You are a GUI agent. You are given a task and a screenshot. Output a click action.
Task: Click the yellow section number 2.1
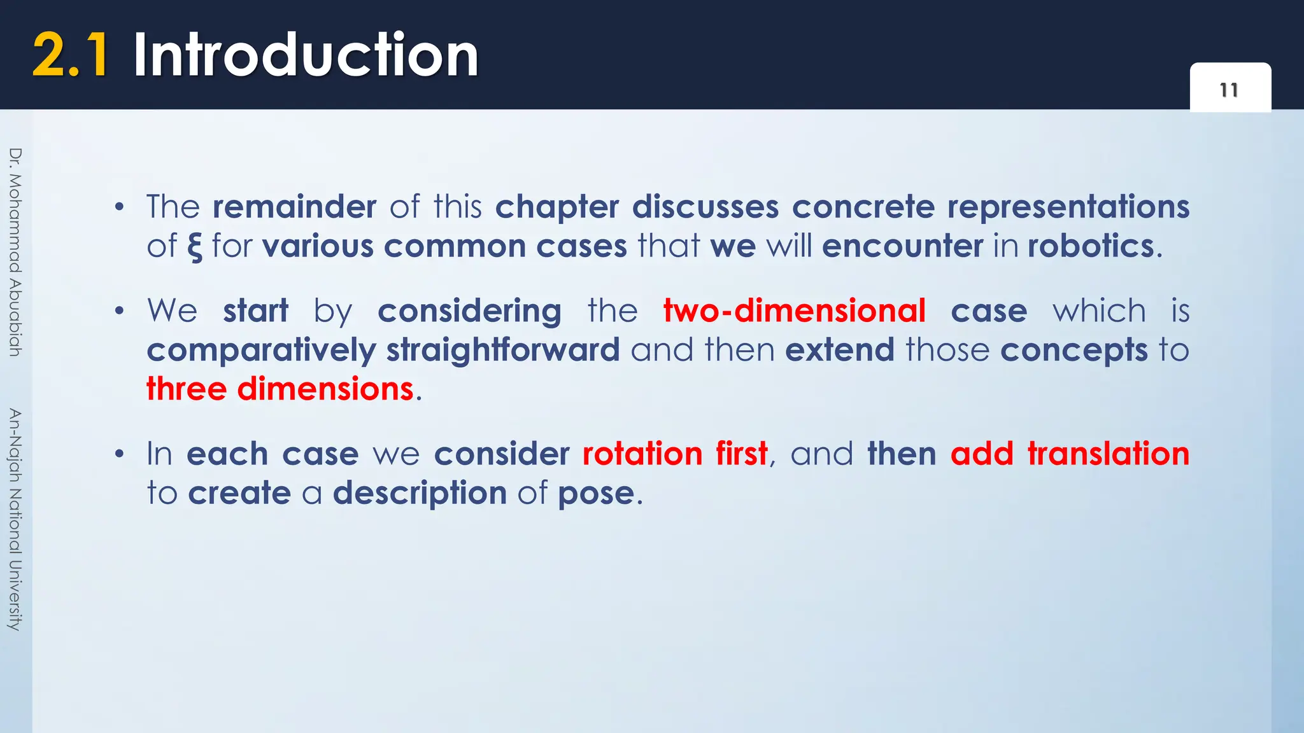tap(70, 56)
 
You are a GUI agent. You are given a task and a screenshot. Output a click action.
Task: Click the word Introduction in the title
tap(306, 56)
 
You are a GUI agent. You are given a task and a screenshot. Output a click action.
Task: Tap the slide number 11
tap(1230, 90)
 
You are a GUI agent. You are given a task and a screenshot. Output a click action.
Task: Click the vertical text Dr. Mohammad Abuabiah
tap(15, 252)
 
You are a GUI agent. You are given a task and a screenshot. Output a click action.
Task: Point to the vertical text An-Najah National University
tap(15, 519)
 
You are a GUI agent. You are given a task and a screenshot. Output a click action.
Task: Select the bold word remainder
tap(294, 207)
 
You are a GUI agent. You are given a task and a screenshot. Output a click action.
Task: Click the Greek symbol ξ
tap(194, 247)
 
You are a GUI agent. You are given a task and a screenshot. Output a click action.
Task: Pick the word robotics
tap(1091, 246)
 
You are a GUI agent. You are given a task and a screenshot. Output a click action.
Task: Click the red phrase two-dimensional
tap(794, 311)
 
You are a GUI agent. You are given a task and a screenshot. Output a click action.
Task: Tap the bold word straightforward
tap(503, 350)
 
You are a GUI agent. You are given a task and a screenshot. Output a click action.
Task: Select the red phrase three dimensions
tap(280, 389)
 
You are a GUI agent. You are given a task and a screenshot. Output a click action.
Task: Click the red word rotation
tap(642, 454)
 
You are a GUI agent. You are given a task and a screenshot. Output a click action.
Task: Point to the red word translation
tap(1108, 454)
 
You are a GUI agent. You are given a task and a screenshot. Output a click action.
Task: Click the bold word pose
tap(596, 494)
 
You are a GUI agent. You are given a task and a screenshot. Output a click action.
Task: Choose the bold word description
tap(420, 494)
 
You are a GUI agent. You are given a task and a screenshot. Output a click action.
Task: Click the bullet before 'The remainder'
tap(119, 207)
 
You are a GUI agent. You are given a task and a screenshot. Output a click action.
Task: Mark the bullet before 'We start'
tap(119, 311)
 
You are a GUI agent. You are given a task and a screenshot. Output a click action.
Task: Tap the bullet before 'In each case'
tap(119, 454)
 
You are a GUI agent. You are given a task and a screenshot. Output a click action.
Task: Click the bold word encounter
tap(902, 246)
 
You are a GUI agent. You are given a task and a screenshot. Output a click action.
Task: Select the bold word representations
tap(1068, 207)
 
